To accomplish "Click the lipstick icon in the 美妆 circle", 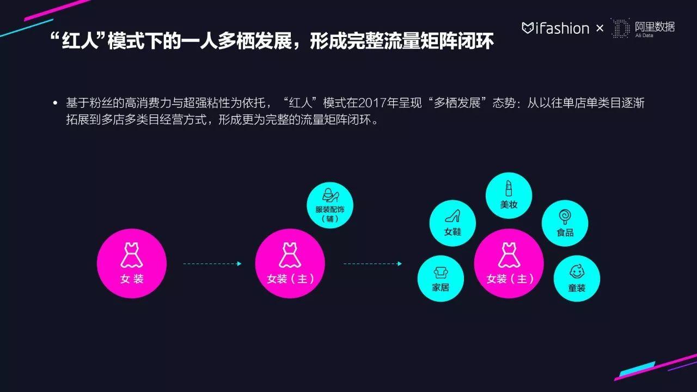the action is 509,188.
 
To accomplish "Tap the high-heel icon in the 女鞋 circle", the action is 453,216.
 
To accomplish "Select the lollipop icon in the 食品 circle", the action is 565,217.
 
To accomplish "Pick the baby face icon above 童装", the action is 577,271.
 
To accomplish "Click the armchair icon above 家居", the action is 441,273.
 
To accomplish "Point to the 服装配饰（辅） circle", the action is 330,205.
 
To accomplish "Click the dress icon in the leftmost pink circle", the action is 132,255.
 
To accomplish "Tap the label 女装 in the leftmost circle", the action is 132,279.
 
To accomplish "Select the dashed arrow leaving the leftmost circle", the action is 212,264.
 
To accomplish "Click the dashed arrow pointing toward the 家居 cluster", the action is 372,264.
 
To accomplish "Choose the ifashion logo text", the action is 555,28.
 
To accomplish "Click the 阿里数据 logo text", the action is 655,27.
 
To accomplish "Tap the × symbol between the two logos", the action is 600,29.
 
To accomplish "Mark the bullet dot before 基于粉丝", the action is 56,103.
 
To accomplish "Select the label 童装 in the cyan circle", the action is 577,288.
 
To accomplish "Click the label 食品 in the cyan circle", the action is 565,232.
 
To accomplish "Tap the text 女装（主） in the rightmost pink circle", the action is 510,279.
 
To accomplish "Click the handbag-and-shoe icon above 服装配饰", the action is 330,195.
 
